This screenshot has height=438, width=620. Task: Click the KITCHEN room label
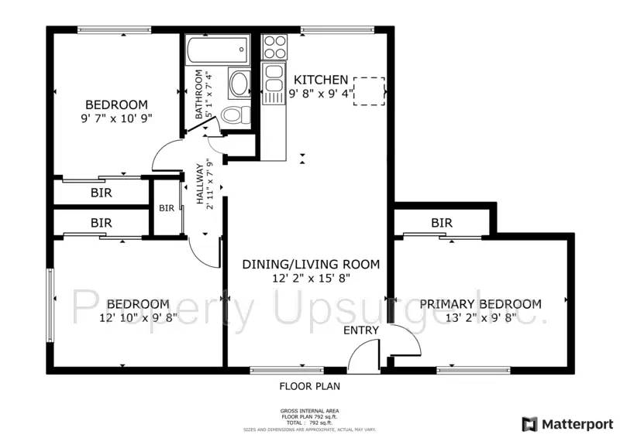pyautogui.click(x=320, y=80)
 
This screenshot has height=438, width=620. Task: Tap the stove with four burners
pyautogui.click(x=274, y=47)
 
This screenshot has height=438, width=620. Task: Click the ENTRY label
pyautogui.click(x=361, y=330)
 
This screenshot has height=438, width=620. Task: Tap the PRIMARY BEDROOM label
pyautogui.click(x=480, y=304)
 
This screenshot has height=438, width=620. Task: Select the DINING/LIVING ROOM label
pyautogui.click(x=311, y=265)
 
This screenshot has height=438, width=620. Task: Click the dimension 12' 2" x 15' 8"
pyautogui.click(x=311, y=279)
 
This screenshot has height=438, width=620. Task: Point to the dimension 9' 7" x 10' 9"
pyautogui.click(x=116, y=118)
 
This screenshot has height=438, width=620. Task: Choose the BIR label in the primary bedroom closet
pyautogui.click(x=442, y=223)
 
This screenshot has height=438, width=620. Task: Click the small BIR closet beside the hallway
pyautogui.click(x=167, y=208)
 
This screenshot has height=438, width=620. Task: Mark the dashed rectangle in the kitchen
pyautogui.click(x=370, y=90)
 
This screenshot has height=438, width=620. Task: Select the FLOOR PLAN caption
pyautogui.click(x=309, y=385)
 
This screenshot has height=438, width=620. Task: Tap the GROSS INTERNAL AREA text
pyautogui.click(x=309, y=411)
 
